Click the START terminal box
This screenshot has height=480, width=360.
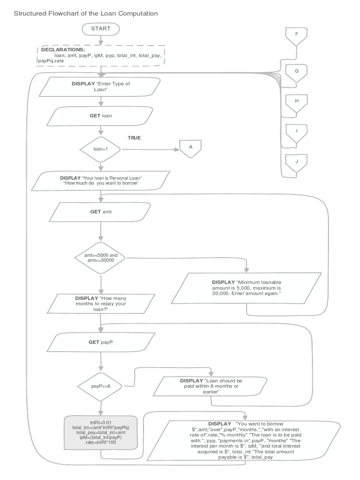101,29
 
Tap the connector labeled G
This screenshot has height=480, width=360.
296,73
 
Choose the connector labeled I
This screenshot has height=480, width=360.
296,132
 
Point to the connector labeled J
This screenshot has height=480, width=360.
296,163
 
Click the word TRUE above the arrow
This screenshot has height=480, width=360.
134,138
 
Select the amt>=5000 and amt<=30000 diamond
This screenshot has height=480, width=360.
101,257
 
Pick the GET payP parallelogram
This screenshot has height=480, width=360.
101,342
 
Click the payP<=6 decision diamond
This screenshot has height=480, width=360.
101,386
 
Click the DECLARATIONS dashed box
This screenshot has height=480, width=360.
101,55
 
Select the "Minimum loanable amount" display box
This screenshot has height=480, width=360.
246,288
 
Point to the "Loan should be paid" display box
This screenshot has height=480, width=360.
211,386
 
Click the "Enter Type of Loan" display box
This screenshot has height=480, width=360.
101,86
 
